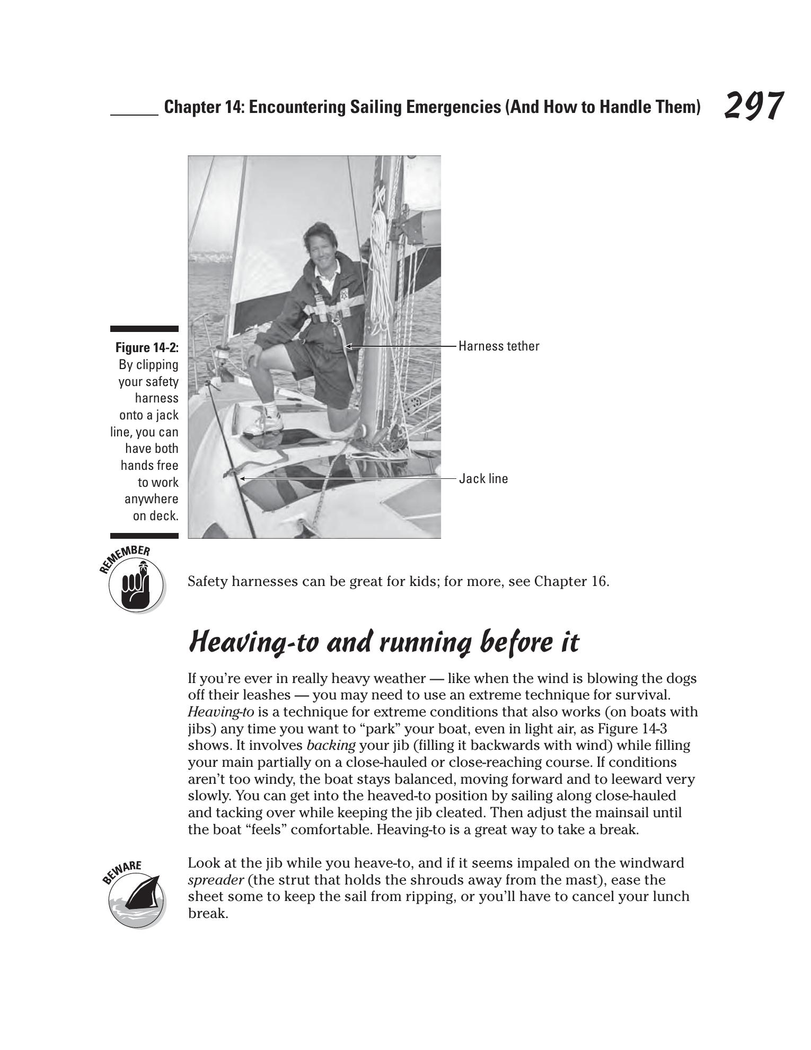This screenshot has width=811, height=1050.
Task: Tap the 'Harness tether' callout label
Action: tap(499, 346)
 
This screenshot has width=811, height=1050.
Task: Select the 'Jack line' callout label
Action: tap(483, 479)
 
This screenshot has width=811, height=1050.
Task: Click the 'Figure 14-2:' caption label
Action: tap(147, 348)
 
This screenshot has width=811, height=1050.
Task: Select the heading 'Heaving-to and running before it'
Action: tap(384, 642)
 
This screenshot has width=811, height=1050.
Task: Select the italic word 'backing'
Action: tap(331, 745)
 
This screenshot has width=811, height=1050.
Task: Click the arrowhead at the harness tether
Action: tap(348, 346)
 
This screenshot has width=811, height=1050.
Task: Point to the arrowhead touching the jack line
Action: tap(242, 478)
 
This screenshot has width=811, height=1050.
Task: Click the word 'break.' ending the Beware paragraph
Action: tap(208, 914)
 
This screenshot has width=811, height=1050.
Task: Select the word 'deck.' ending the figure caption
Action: tap(164, 516)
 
